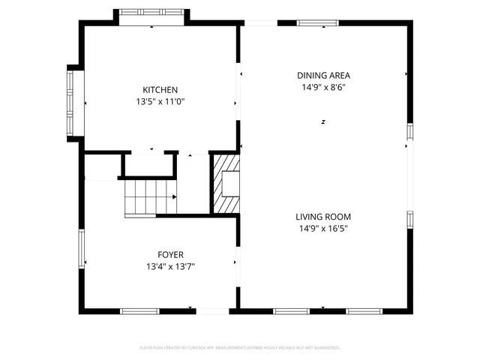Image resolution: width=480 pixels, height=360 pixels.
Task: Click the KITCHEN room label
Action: tap(160, 90)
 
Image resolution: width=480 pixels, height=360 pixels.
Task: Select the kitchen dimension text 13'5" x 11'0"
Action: tap(160, 102)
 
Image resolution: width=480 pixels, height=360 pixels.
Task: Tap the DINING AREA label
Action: tap(323, 75)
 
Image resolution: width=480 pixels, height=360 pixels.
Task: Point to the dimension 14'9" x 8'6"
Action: tap(323, 87)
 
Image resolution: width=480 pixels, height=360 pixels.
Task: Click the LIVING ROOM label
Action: tap(323, 217)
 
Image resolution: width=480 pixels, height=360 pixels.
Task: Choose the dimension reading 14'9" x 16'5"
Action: tap(323, 229)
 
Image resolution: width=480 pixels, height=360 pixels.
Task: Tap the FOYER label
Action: tap(170, 255)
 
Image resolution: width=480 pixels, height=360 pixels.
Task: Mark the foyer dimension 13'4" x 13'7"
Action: tap(170, 266)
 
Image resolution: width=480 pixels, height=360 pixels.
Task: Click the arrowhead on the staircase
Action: tap(175, 197)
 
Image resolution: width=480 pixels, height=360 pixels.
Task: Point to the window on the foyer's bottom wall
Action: tap(140, 310)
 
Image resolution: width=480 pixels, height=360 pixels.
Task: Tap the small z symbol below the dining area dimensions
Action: tap(323, 121)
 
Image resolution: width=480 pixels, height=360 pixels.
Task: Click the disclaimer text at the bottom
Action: tap(240, 348)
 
